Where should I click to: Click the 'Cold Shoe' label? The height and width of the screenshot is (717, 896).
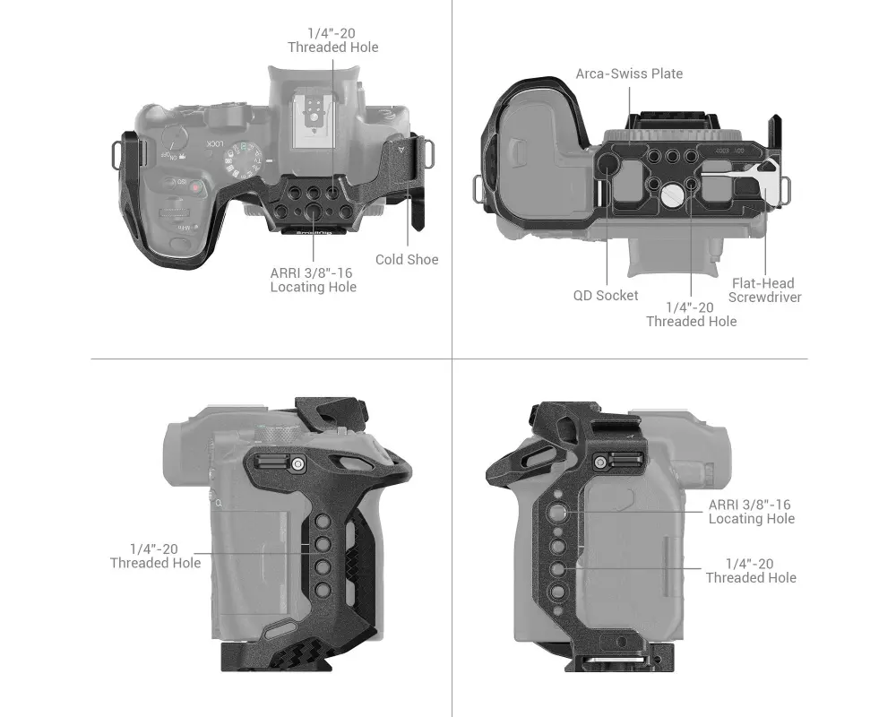pos(407,260)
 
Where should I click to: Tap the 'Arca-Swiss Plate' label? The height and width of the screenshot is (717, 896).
pos(629,73)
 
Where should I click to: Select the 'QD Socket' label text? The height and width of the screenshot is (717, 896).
pos(606,296)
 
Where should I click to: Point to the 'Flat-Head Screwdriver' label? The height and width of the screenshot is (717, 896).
pos(764,290)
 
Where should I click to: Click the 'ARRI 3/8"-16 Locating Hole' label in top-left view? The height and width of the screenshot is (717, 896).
pos(313,281)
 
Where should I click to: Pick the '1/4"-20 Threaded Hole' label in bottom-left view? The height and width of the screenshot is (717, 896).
pos(155,557)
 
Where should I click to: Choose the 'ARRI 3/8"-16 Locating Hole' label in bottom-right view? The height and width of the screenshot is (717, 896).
pos(752,512)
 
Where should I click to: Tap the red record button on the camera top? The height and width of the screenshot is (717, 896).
pos(195,187)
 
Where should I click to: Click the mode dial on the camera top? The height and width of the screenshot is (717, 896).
pos(243,159)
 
